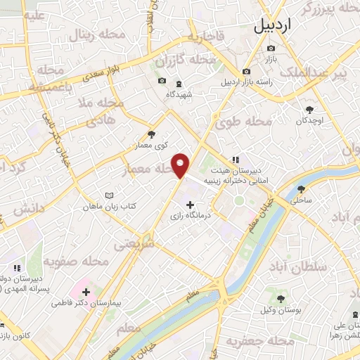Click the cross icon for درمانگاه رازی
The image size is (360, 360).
(x=190, y=205)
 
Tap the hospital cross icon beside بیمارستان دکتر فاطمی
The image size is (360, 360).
(x=86, y=290)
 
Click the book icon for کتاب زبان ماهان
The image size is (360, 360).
(x=108, y=195)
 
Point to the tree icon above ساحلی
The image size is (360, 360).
(x=302, y=189)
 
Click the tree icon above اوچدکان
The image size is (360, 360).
(x=309, y=109)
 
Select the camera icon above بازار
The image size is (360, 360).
(x=271, y=48)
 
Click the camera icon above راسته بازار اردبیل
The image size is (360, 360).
(x=246, y=72)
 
